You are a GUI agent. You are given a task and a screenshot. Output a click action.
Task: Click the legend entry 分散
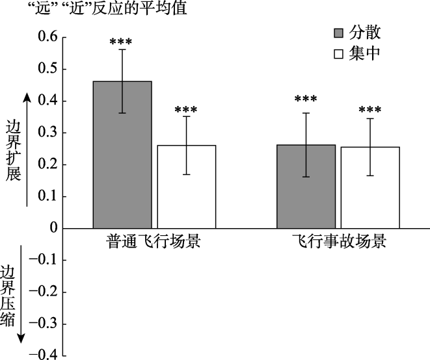pyautogui.click(x=356, y=32)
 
